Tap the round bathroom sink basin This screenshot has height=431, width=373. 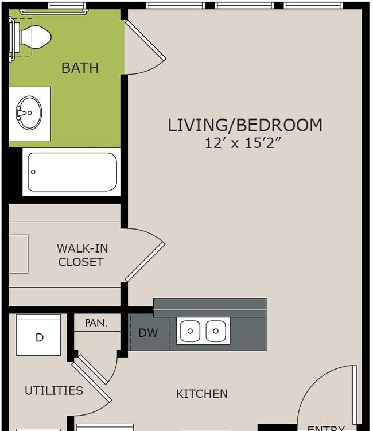tap(29, 112)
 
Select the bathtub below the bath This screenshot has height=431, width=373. tap(72, 172)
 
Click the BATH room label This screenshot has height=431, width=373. tap(80, 68)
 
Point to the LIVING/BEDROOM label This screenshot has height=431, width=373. tap(245, 125)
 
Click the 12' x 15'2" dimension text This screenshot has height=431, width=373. tap(243, 143)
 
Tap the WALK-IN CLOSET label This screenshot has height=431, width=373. tap(81, 255)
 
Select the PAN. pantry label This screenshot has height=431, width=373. tap(96, 323)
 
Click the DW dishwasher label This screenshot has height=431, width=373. tap(148, 333)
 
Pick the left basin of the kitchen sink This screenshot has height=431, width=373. tap(190, 331)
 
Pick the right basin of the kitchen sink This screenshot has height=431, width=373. tap(216, 331)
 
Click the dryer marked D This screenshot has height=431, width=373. tap(38, 335)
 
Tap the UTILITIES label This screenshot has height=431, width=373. tap(54, 391)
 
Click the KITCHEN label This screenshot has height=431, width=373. tap(202, 394)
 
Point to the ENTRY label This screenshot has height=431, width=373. tap(326, 428)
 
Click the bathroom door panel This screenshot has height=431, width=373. tap(146, 40)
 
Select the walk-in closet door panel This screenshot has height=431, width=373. tap(145, 262)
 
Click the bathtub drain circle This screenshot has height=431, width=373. tap(33, 172)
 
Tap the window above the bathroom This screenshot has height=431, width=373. tap(67, 6)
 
